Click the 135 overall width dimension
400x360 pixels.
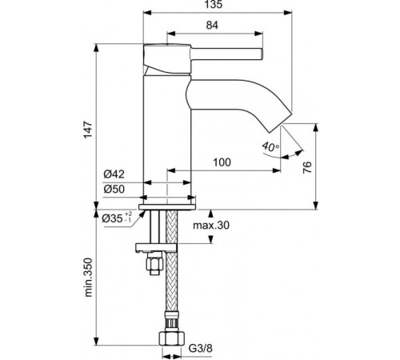click(x=214, y=5)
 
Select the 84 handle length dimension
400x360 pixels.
click(x=212, y=25)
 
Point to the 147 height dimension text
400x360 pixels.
click(x=88, y=130)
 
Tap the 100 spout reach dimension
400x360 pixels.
click(x=222, y=162)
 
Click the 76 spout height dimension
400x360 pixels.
click(x=307, y=167)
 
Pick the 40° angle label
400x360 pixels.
click(x=270, y=146)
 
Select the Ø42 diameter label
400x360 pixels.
click(x=114, y=174)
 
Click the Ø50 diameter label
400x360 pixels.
click(x=114, y=189)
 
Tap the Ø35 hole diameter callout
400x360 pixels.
click(x=117, y=218)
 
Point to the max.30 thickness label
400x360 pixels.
click(x=211, y=226)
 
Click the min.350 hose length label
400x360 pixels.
click(x=88, y=278)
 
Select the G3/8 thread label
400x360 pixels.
click(x=201, y=348)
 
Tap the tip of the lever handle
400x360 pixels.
click(x=262, y=54)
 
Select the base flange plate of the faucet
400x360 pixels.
click(x=167, y=207)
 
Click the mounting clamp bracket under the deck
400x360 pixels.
click(x=156, y=248)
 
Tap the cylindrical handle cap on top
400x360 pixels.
click(x=167, y=58)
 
